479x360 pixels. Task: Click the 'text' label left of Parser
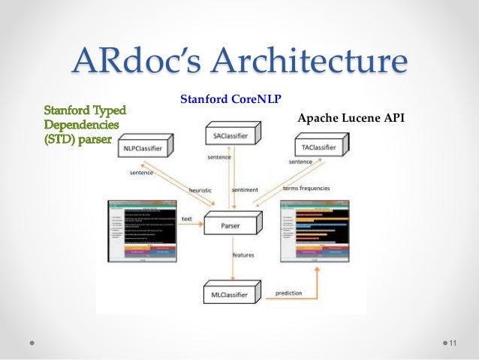pyautogui.click(x=186, y=219)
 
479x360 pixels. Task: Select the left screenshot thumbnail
pyautogui.click(x=142, y=231)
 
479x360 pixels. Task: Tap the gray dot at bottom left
pyautogui.click(x=33, y=343)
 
